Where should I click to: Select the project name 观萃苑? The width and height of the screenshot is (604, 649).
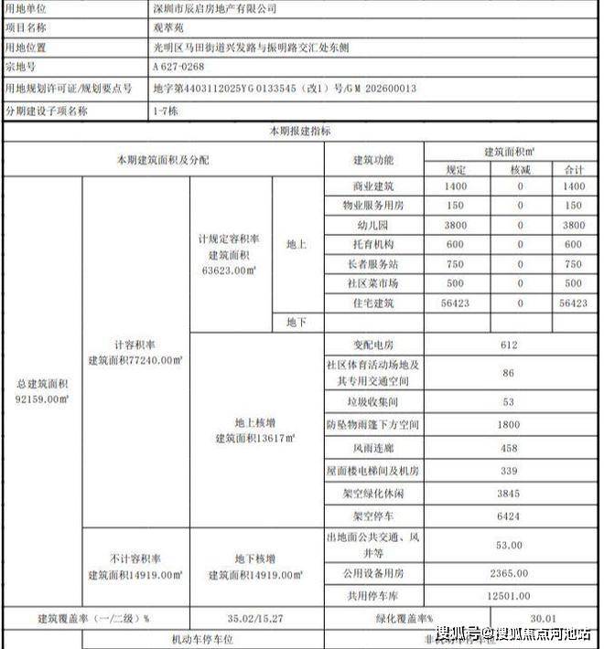[167, 27]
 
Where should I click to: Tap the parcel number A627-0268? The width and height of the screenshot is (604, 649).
[178, 67]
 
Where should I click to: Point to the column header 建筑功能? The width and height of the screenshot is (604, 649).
[373, 160]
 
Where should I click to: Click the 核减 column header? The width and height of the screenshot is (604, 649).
[520, 169]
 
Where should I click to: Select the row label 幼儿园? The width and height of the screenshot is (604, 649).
[373, 225]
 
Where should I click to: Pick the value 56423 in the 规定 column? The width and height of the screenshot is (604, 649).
[455, 302]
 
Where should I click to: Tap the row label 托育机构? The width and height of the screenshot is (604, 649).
[373, 244]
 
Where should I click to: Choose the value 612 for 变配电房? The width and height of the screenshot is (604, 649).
[511, 345]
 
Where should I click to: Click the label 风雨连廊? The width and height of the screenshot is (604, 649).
[373, 448]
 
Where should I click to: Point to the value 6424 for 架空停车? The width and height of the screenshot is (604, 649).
[511, 516]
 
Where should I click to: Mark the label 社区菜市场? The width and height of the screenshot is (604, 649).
[373, 282]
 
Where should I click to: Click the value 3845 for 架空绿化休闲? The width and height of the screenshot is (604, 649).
[511, 494]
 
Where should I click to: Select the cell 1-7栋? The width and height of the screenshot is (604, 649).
[165, 110]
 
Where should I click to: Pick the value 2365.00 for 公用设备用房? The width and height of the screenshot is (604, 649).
[511, 572]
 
